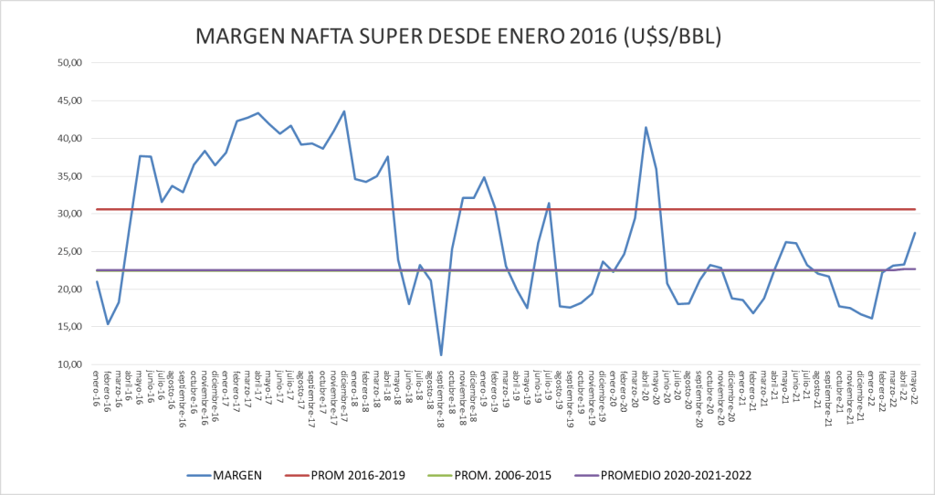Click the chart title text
click(x=459, y=37)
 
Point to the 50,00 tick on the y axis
click(x=70, y=63)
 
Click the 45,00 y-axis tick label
click(x=70, y=100)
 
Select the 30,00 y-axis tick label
click(x=70, y=214)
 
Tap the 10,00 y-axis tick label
click(x=70, y=364)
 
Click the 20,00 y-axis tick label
click(x=70, y=290)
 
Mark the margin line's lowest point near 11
click(x=441, y=354)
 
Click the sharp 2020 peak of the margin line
click(x=646, y=127)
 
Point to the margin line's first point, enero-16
click(x=97, y=281)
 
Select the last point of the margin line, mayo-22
click(x=915, y=233)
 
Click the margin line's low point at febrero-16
click(x=108, y=324)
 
